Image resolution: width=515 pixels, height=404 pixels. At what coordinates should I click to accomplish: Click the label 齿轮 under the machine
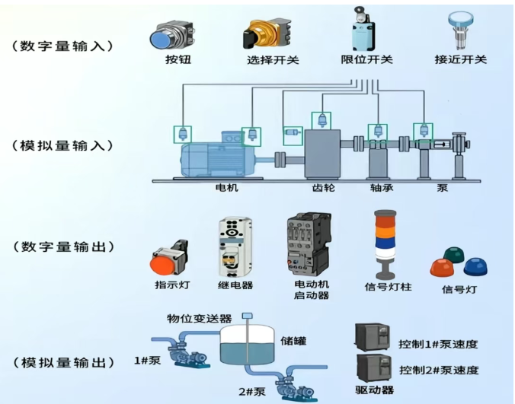click(x=323, y=187)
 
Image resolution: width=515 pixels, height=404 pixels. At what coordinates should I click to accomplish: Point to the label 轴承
click(x=381, y=187)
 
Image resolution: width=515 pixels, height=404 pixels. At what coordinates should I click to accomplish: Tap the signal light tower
click(x=385, y=243)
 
